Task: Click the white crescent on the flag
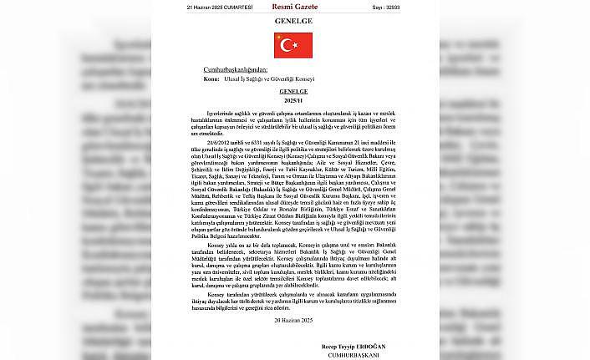point(289,44)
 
